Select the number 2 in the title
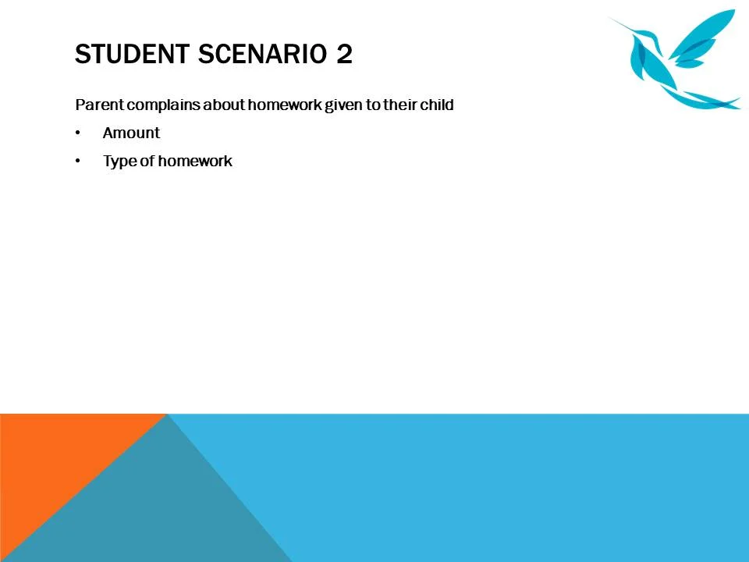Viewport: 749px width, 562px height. [x=344, y=55]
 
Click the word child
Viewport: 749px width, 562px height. [x=437, y=105]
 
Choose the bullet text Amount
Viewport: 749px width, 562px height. [x=131, y=133]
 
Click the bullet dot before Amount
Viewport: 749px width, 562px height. [x=78, y=133]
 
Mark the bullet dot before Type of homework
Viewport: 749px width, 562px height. [x=78, y=162]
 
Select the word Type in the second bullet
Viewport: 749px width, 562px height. [x=119, y=162]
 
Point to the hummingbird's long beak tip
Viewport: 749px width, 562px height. [x=609, y=18]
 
